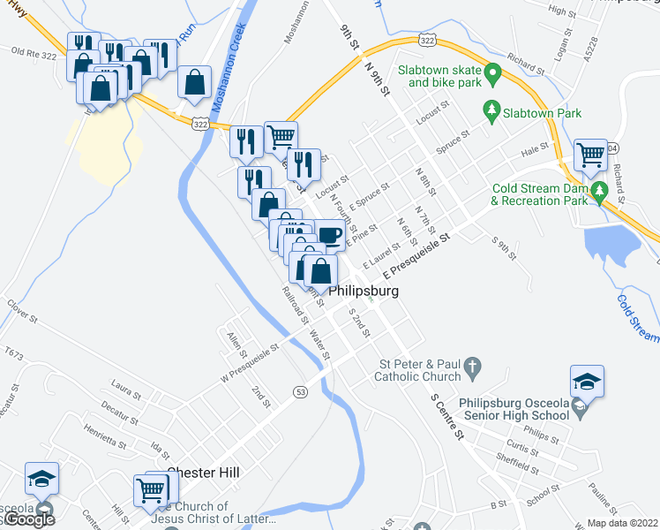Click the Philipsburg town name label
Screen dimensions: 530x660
click(x=364, y=291)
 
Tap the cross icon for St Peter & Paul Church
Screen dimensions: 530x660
click(x=472, y=365)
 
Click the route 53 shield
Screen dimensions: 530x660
click(x=301, y=391)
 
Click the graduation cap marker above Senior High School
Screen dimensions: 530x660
click(x=586, y=382)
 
